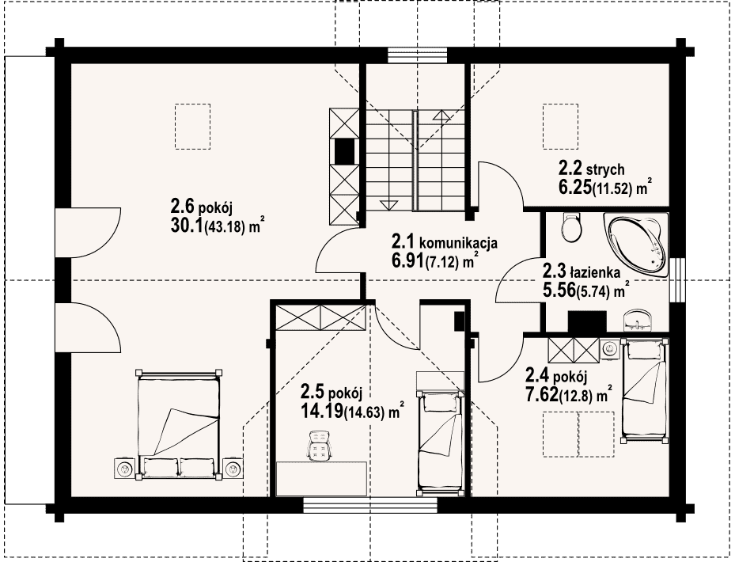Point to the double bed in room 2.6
[x=179, y=424]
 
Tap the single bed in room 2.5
[x=441, y=443]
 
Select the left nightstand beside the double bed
[x=125, y=468]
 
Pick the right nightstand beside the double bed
[x=233, y=468]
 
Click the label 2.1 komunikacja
[x=445, y=243]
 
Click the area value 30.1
[x=188, y=226]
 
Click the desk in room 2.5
[x=321, y=479]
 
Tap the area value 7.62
[x=542, y=395]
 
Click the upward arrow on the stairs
[x=441, y=116]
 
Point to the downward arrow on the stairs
[x=387, y=204]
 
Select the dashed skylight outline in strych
[x=561, y=127]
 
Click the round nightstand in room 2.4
[x=610, y=348]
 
